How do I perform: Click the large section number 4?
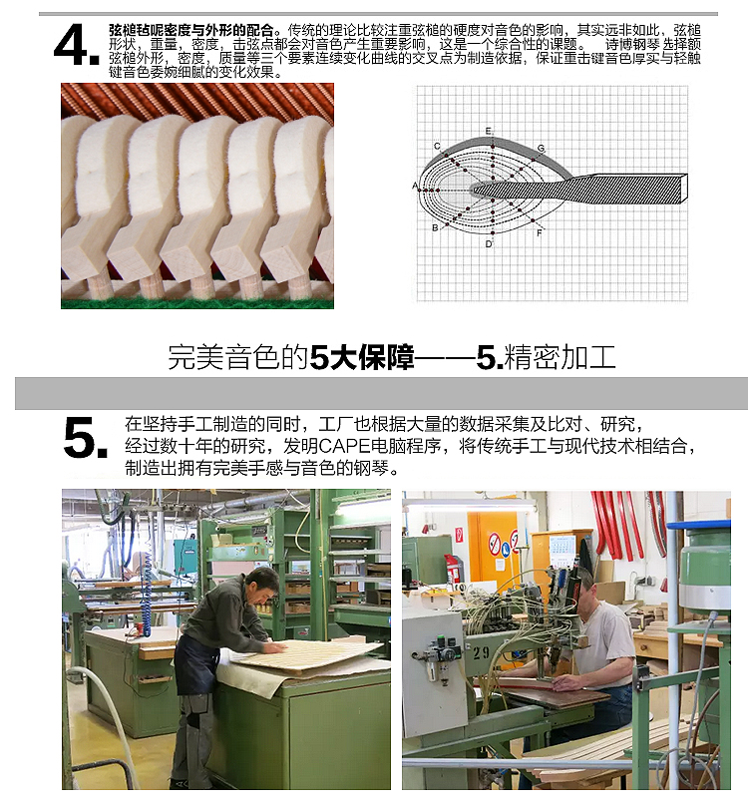[76, 46]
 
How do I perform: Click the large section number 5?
[86, 438]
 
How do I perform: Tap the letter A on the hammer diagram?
[415, 186]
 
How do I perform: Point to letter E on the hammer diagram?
[488, 131]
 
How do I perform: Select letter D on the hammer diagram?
[489, 243]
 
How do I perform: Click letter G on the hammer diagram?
[541, 149]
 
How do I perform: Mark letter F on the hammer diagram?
[540, 232]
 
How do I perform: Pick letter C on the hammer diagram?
[437, 147]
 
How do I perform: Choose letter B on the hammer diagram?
[435, 227]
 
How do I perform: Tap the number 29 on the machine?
[481, 653]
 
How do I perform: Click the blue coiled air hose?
[147, 596]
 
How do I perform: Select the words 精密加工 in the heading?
[560, 356]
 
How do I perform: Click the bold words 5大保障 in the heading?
[362, 356]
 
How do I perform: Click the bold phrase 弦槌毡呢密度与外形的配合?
[190, 30]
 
